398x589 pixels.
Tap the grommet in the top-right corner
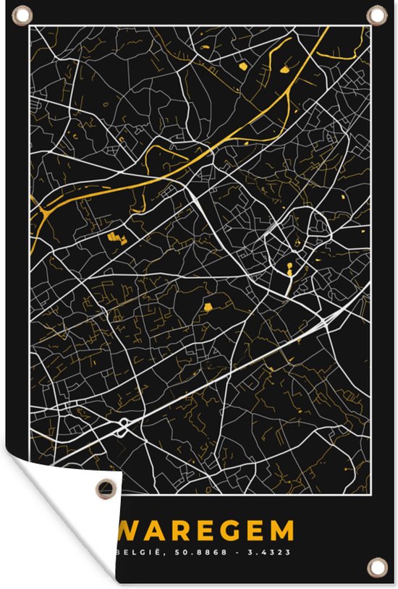(377, 15)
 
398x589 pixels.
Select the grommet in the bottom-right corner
(377, 567)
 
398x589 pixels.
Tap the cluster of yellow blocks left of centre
(114, 237)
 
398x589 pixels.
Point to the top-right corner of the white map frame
(370, 27)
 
